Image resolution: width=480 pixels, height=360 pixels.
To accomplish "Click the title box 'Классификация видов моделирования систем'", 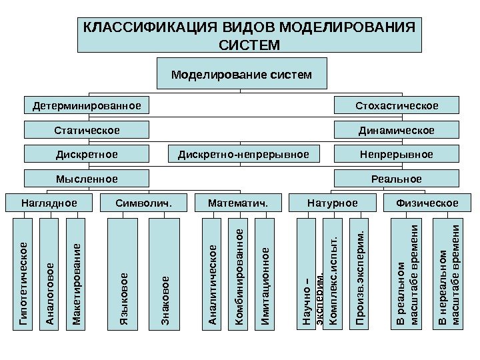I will point(249,35).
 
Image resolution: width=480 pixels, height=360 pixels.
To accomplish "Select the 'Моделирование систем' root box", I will point(241,73).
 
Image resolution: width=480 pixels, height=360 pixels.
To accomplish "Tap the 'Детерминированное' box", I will point(87,105).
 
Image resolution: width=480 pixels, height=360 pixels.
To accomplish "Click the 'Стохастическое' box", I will point(396,105).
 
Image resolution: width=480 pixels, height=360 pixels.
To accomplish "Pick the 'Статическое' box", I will point(87,130).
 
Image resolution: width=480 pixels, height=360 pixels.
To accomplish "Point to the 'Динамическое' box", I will point(396,130).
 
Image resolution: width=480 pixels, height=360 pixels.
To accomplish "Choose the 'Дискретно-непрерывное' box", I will point(243,155).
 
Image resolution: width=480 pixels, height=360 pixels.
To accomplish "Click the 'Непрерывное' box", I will point(396,155).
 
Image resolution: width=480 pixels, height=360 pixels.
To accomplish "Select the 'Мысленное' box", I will point(87,179).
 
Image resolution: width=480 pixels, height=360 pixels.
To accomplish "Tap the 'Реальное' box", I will point(396,179).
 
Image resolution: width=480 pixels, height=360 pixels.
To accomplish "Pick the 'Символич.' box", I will point(143,203).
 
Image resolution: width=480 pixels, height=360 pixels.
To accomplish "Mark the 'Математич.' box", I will point(237,203).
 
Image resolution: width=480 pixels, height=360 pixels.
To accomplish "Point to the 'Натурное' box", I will point(332,203).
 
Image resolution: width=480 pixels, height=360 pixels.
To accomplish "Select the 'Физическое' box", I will point(427,203).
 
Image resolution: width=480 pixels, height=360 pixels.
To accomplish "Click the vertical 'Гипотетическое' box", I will point(24,273).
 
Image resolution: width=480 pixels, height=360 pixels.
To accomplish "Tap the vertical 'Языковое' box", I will point(124,273).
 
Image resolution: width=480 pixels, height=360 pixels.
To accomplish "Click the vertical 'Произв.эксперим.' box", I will point(359,273).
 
